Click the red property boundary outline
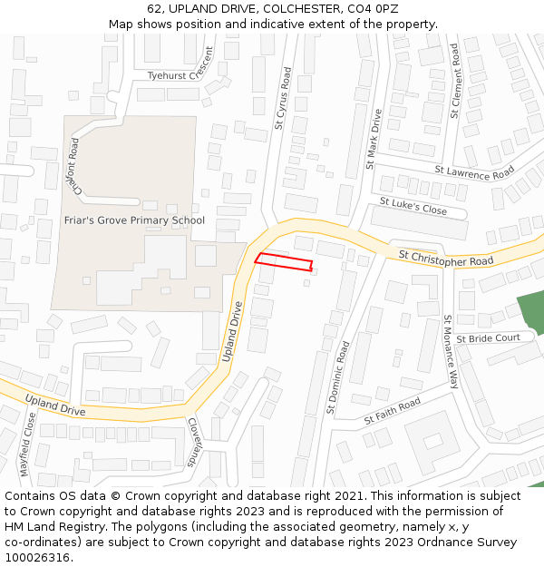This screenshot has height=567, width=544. tap(284, 262)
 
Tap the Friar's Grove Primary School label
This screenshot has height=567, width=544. tap(134, 220)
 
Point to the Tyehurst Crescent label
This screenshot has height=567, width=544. tap(173, 75)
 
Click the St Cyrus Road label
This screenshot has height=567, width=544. tap(283, 99)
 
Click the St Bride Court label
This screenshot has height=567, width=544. tap(488, 338)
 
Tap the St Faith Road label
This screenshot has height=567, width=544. tap(393, 411)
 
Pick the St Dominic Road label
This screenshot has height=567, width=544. tap(337, 376)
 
